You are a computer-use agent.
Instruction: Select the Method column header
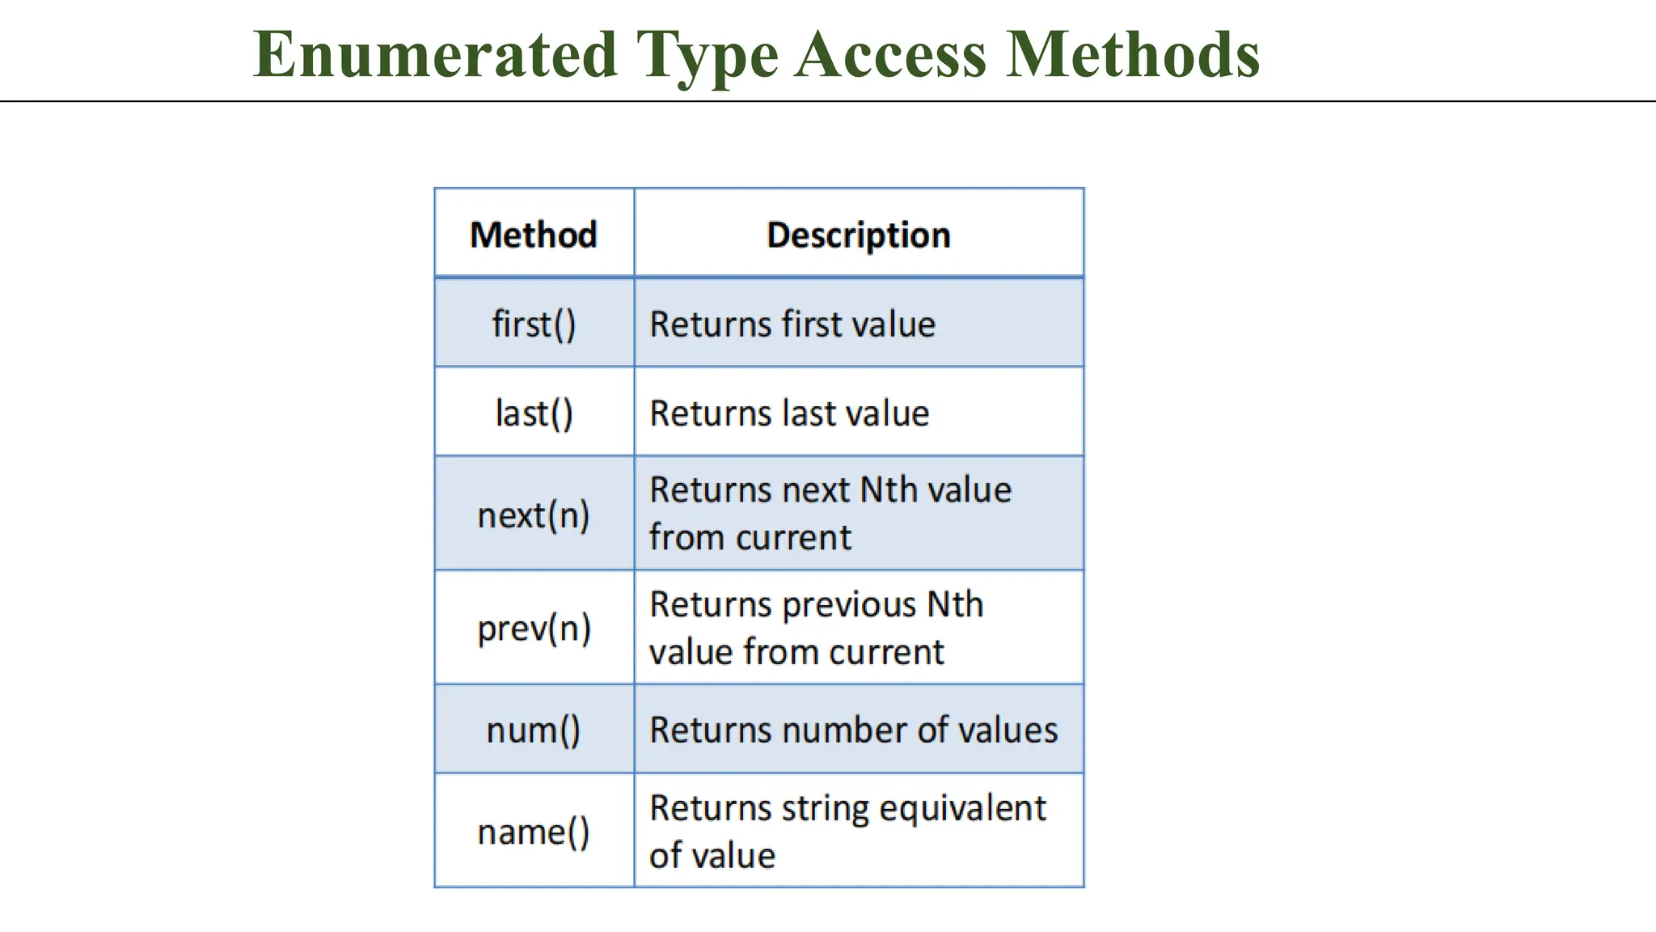click(x=534, y=235)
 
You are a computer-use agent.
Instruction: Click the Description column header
click(x=858, y=235)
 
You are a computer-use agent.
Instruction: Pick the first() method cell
click(x=534, y=324)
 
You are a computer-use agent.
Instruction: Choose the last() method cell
click(x=534, y=413)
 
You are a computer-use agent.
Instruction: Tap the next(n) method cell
click(x=534, y=515)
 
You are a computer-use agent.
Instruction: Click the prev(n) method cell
click(x=534, y=629)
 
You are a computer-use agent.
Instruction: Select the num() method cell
click(x=534, y=730)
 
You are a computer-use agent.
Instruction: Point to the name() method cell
click(x=534, y=832)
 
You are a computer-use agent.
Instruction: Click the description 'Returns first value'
click(x=792, y=324)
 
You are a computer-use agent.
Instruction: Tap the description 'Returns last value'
click(x=789, y=413)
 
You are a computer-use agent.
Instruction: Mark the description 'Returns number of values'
click(x=853, y=730)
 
